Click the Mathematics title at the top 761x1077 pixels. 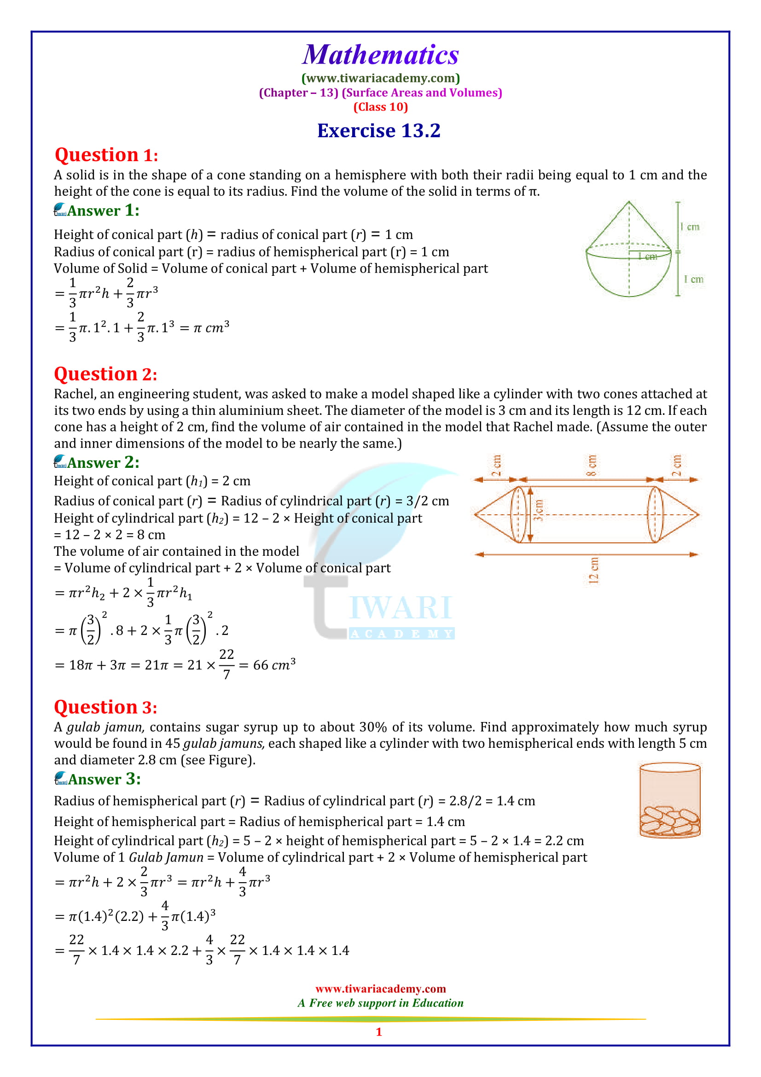point(380,55)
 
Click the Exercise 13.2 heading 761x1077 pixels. point(379,131)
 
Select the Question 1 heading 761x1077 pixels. point(106,155)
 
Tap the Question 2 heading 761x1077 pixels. point(105,374)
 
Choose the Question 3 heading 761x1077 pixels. point(105,707)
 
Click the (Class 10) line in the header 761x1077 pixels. point(380,107)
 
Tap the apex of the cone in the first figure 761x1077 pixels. point(629,202)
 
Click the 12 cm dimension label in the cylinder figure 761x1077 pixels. point(593,571)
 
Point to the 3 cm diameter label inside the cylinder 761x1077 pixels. point(539,510)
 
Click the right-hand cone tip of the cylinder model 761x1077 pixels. point(698,515)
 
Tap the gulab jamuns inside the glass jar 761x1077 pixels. point(669,821)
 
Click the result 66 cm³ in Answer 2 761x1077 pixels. point(274,665)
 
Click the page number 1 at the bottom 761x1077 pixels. point(379,1032)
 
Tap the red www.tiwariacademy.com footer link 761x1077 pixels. point(380,989)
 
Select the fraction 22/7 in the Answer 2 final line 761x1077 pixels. point(227,664)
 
